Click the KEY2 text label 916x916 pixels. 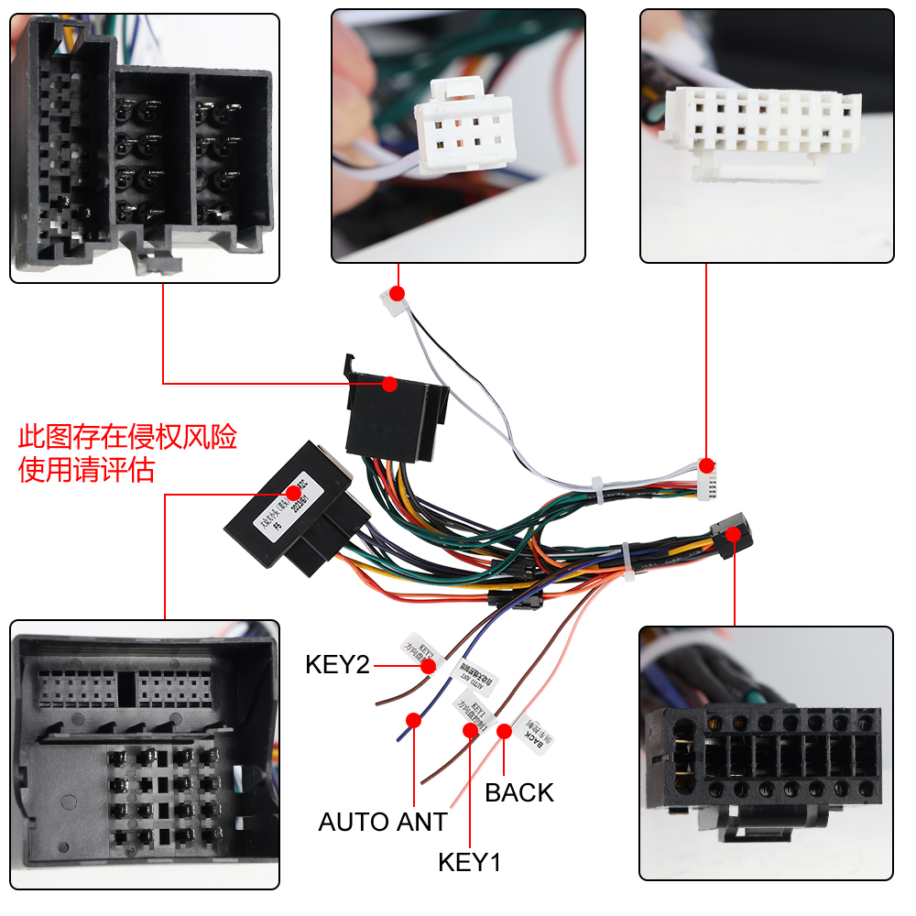point(337,664)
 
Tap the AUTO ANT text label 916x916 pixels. point(383,822)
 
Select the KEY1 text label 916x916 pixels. point(470,862)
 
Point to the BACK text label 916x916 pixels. point(519,792)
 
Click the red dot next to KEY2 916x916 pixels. point(428,666)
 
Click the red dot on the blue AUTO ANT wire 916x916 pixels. point(413,720)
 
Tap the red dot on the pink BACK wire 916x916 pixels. point(503,730)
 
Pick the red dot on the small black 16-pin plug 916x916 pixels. point(733,533)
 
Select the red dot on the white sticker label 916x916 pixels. point(295,492)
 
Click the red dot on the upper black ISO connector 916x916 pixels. point(389,384)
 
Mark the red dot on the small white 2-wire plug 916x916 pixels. point(397,294)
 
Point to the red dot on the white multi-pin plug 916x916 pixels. point(706,465)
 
